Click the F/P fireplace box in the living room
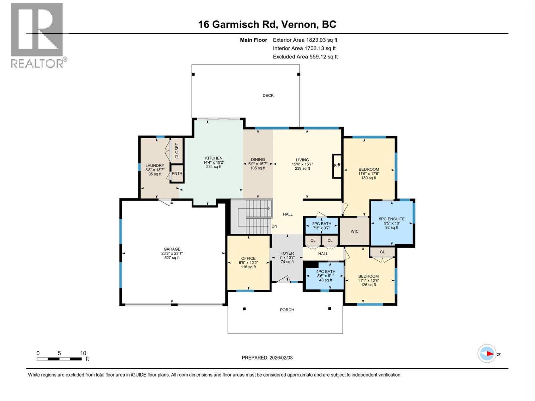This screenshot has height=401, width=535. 337,166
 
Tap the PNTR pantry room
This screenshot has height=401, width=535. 177,173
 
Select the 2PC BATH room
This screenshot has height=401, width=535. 321,226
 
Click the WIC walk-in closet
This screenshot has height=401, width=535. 354,231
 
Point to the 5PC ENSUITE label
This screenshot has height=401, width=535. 392,219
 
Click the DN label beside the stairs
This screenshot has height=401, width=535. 274,226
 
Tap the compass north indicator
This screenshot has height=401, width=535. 487,354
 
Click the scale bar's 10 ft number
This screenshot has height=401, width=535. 83,353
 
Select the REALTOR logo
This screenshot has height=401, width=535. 37,35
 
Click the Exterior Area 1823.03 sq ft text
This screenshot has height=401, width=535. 305,40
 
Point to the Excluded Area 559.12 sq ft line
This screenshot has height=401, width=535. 305,56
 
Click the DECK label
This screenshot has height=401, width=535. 268,96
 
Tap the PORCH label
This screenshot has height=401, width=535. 287,310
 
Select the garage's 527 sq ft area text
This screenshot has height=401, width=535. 172,258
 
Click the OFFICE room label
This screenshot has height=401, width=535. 248,258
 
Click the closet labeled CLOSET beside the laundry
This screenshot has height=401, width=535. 177,151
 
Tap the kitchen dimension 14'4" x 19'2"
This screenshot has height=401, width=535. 214,162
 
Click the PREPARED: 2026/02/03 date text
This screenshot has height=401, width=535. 267,358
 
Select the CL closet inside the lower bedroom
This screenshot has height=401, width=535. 382,252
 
